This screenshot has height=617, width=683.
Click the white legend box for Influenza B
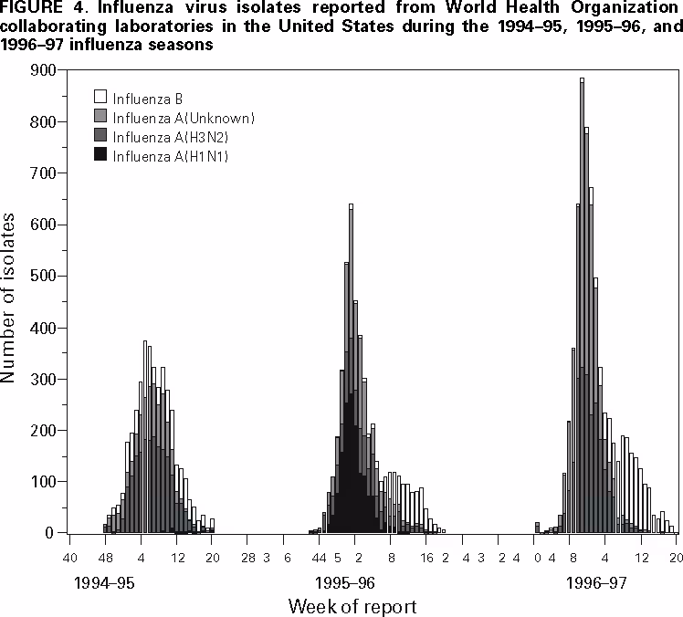101,96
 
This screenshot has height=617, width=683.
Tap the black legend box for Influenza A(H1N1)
101,156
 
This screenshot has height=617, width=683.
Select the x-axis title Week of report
353,605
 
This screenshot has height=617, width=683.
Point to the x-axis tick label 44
320,558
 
